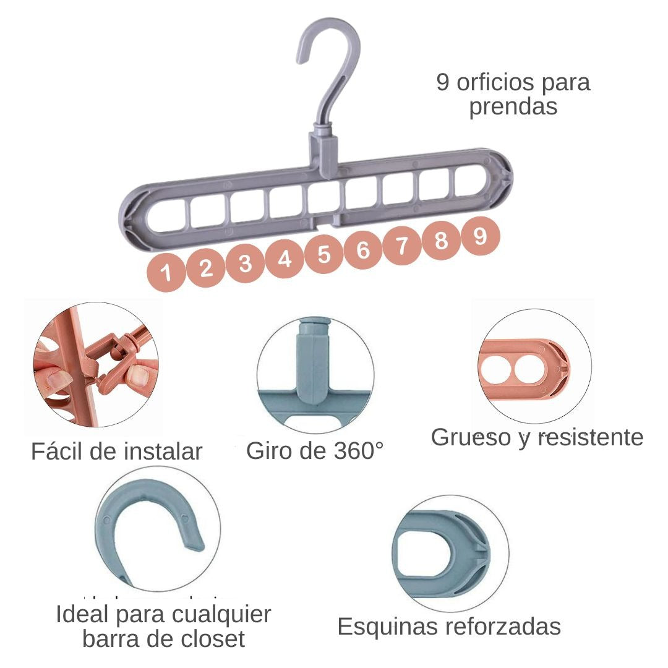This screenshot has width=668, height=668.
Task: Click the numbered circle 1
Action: point(166,272)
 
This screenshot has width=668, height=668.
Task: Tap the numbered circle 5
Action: point(324,254)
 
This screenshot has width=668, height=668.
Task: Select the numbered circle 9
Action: point(481,236)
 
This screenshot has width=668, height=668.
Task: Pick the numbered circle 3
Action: point(246,263)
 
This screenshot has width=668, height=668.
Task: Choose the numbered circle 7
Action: point(402,245)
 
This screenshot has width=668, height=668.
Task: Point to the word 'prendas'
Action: point(513,107)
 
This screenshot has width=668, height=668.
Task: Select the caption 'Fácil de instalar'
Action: point(116,451)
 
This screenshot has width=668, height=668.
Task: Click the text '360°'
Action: point(358,450)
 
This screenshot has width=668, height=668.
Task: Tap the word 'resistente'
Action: point(591,437)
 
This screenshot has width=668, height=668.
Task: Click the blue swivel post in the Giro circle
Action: point(314,361)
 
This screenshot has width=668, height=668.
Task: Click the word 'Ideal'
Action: point(82,614)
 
